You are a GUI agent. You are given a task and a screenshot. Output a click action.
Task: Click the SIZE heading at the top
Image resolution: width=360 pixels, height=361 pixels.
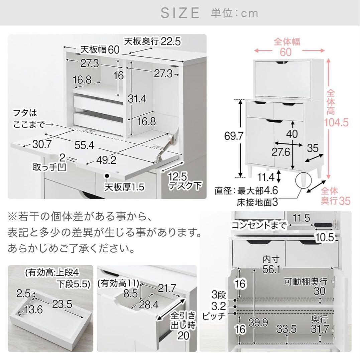click(180, 13)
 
